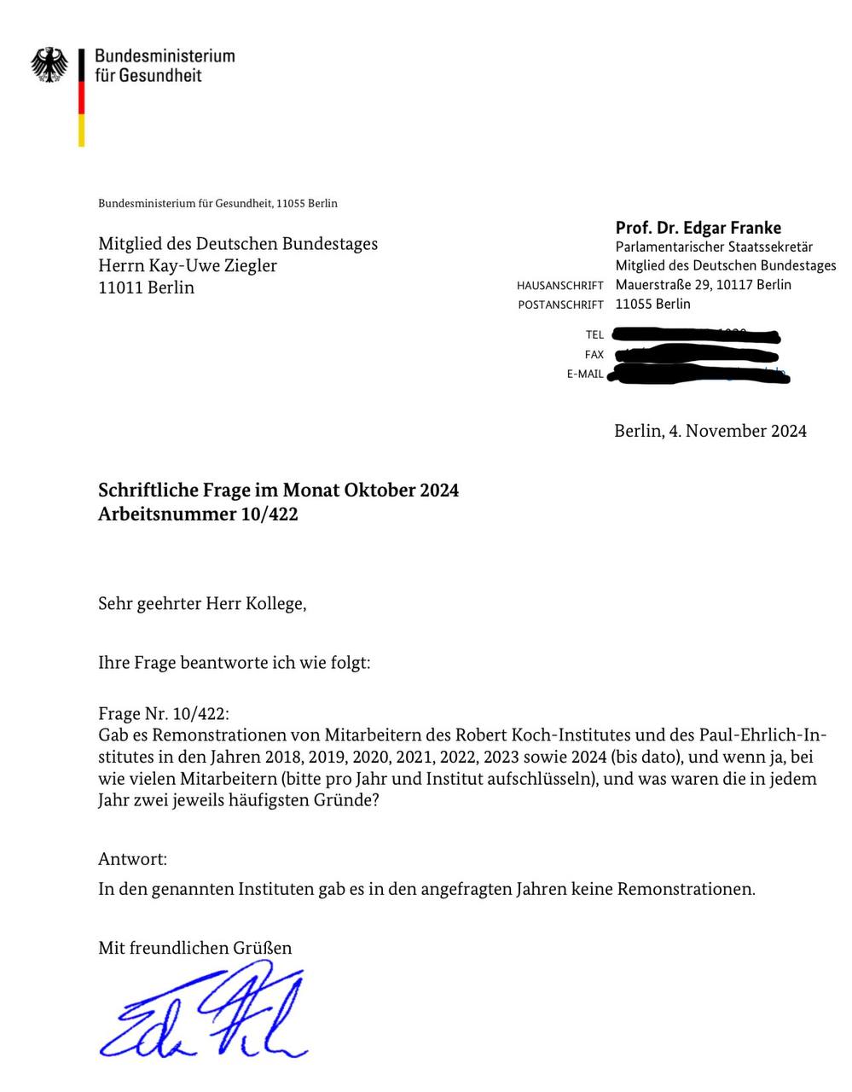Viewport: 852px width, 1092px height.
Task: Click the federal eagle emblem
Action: coord(49,65)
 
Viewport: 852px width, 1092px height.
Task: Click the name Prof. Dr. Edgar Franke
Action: coord(698,228)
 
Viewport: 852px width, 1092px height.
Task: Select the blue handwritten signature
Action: coord(204,1011)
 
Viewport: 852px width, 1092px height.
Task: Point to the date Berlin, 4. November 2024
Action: coord(710,431)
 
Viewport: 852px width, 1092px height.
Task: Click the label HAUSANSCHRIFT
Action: coord(559,286)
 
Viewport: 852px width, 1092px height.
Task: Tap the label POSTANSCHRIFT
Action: coord(560,305)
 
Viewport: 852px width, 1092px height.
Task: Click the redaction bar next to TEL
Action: coord(695,334)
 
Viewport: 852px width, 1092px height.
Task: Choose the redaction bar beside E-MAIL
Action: coord(699,374)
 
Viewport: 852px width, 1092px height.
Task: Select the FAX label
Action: coord(594,354)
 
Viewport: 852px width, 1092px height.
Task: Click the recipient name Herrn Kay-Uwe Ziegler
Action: coord(188,265)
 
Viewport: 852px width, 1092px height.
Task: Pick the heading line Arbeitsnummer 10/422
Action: coord(198,514)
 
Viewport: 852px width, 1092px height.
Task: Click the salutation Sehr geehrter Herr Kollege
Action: coord(202,604)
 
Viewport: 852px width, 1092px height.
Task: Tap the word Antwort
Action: coord(132,858)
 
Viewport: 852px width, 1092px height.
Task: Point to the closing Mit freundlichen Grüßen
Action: coord(194,947)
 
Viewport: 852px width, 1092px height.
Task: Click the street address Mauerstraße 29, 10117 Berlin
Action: coord(703,285)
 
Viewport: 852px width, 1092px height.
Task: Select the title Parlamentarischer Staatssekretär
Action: coord(714,247)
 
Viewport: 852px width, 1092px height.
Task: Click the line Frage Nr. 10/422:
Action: coord(164,713)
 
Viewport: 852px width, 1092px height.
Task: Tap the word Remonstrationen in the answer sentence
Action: coord(685,889)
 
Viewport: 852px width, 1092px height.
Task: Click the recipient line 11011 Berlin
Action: coord(146,288)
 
